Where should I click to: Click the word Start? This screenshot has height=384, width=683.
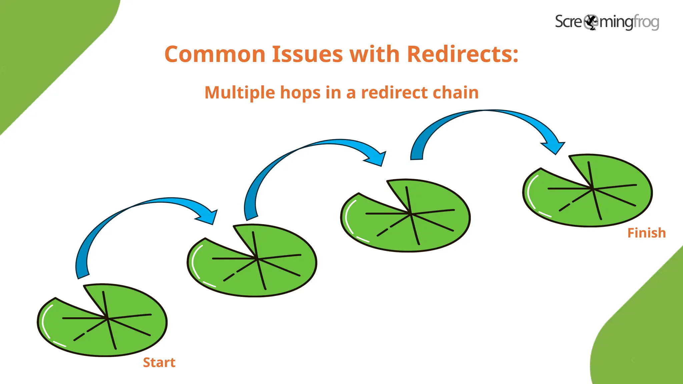pyautogui.click(x=159, y=362)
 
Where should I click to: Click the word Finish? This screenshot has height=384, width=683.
pyautogui.click(x=646, y=233)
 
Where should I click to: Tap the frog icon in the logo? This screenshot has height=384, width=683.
pyautogui.click(x=591, y=22)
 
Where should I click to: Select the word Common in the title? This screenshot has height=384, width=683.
pyautogui.click(x=215, y=54)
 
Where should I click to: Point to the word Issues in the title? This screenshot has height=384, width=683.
pyautogui.click(x=307, y=54)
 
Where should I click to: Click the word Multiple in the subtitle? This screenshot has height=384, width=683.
pyautogui.click(x=239, y=92)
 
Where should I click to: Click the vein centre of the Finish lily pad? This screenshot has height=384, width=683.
pyautogui.click(x=593, y=189)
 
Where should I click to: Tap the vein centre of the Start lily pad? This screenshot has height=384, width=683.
pyautogui.click(x=107, y=319)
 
